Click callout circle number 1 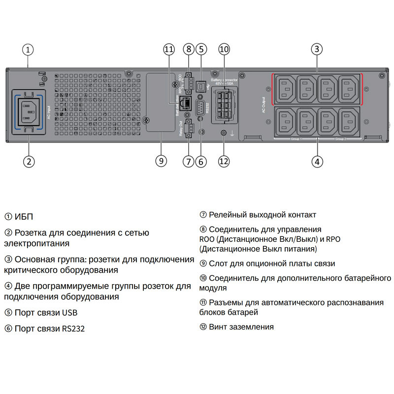pos(29,49)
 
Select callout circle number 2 pos(29,161)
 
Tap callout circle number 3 pos(317,49)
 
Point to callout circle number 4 pos(317,161)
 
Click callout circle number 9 pos(161,161)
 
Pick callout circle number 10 pos(224,49)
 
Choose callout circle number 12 pos(224,161)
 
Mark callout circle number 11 pos(169,49)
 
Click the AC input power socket pos(29,111)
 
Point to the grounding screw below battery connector pos(224,133)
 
